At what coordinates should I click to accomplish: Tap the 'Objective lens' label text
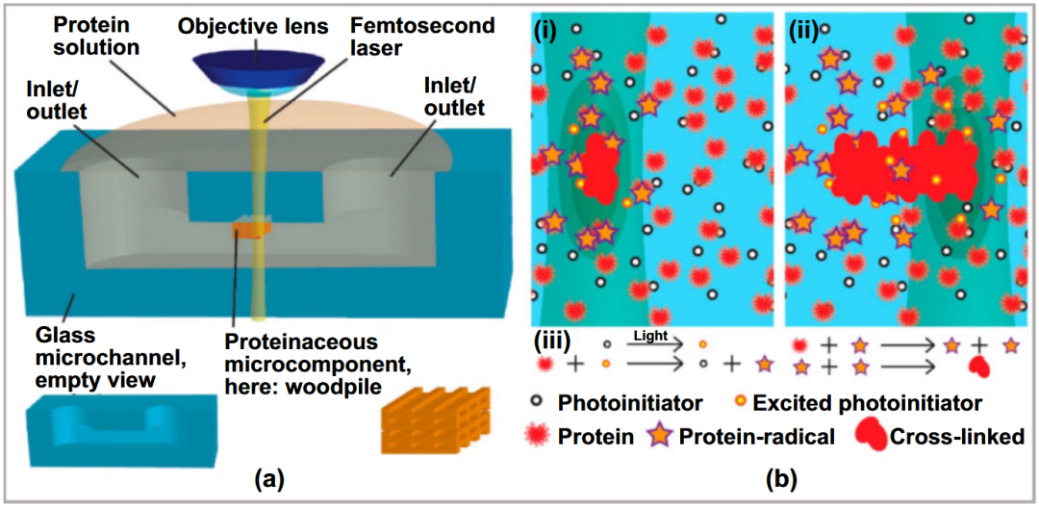(x=259, y=27)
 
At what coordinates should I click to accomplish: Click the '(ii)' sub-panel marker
(x=803, y=31)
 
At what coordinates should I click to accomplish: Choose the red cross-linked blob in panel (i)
(x=598, y=169)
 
